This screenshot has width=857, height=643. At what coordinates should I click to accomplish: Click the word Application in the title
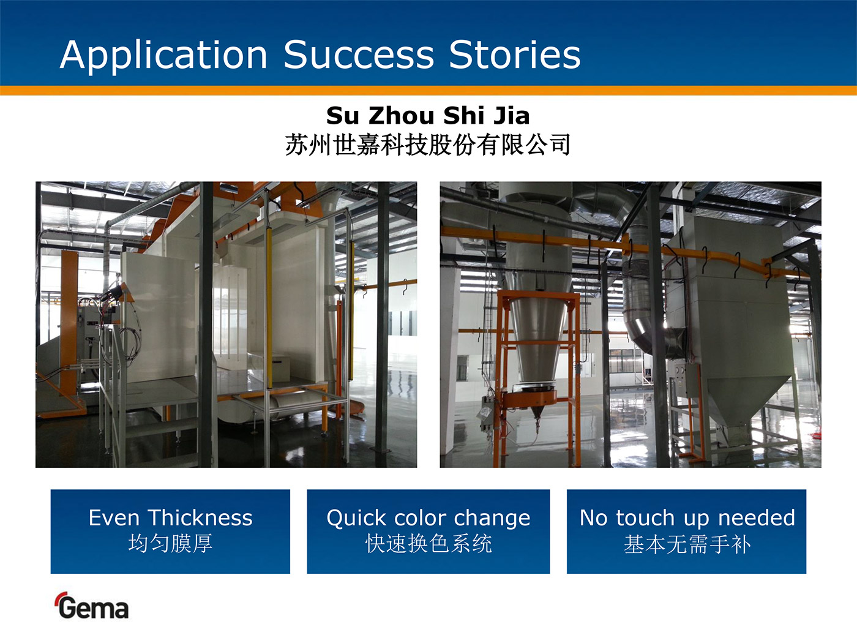pos(163,56)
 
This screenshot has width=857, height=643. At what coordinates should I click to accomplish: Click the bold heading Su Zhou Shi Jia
pos(428,116)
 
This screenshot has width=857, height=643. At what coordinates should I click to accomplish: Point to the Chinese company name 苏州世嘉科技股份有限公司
pos(428,145)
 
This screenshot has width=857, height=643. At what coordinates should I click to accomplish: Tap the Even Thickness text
pos(170,517)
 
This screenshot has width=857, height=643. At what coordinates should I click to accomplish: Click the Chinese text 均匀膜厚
pos(170,543)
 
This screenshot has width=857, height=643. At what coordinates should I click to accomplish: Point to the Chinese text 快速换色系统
pos(428,543)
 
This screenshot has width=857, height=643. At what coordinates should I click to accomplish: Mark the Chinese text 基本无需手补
pos(687,544)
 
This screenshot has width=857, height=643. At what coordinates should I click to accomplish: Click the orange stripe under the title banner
pos(428,90)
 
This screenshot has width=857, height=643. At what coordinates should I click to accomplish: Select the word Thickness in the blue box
pos(201,517)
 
